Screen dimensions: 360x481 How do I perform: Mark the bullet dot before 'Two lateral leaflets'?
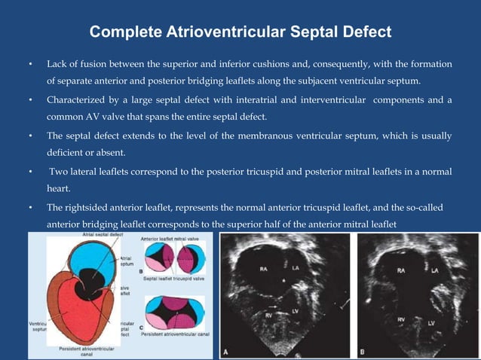click(30, 172)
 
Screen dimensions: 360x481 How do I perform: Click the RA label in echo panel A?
click(265, 267)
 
